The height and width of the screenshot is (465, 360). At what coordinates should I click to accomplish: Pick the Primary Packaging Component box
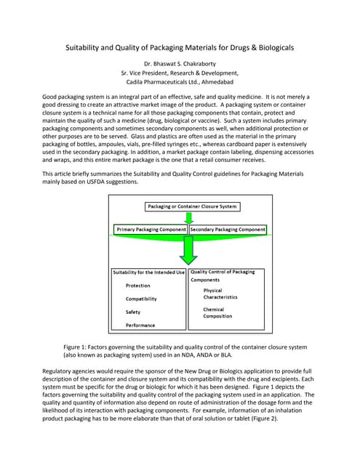151,230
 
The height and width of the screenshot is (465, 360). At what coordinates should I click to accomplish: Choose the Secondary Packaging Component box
228,230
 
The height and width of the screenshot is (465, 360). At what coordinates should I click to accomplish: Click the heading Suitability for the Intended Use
149,272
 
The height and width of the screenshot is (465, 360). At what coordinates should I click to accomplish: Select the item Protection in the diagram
138,286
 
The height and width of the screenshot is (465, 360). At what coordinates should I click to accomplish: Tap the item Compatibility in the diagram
141,299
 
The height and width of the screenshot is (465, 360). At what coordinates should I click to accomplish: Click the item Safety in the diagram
133,312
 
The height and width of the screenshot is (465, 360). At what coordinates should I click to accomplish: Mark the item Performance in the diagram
141,325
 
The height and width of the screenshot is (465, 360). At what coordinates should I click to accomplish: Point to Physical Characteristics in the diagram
220,294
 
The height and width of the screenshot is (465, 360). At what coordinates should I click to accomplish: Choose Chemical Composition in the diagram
218,312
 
